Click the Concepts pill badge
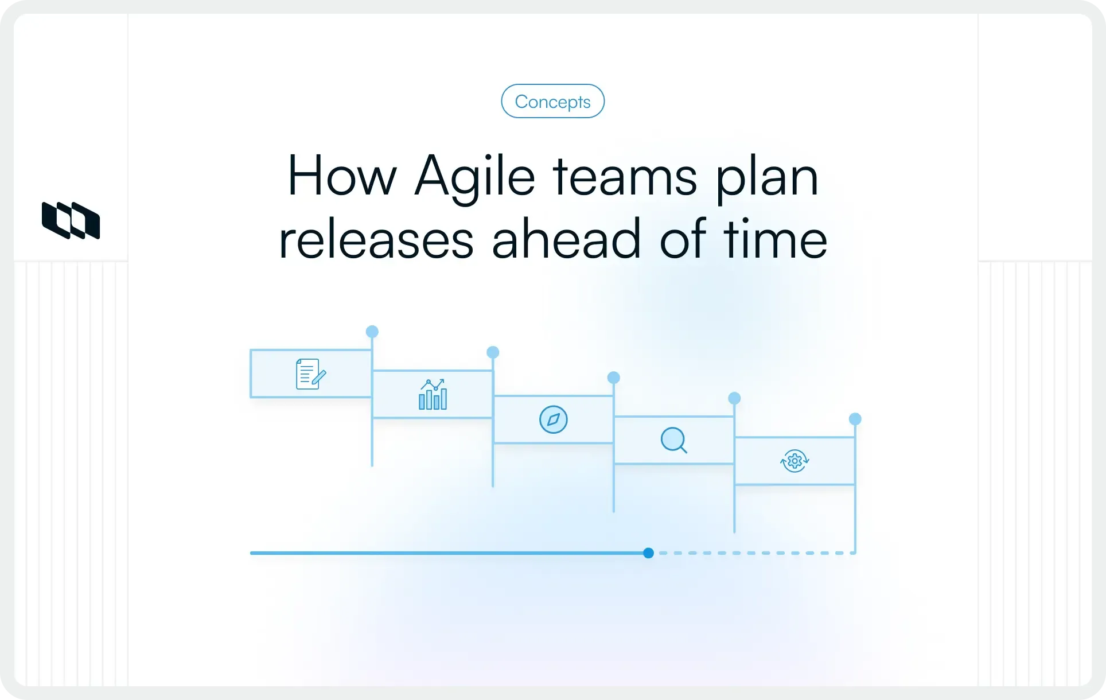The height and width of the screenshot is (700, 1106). [552, 102]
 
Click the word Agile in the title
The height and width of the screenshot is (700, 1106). [474, 176]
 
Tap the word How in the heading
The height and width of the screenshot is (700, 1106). [342, 176]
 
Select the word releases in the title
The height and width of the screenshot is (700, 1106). [376, 239]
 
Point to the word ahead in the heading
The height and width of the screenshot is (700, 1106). [566, 239]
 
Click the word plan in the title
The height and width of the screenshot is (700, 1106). [767, 176]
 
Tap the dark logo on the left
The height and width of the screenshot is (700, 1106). [71, 220]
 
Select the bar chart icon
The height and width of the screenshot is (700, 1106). [433, 394]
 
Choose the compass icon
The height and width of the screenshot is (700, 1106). [554, 419]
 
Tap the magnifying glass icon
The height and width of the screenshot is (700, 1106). [674, 440]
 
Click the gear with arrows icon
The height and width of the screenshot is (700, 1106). [795, 461]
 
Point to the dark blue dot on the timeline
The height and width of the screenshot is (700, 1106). [648, 553]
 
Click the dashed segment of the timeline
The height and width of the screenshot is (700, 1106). [751, 553]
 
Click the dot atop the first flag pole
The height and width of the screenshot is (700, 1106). [372, 332]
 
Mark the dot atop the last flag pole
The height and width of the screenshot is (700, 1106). [855, 419]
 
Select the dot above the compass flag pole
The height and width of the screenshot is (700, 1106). [614, 378]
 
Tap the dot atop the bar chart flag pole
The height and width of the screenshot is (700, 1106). [493, 352]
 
